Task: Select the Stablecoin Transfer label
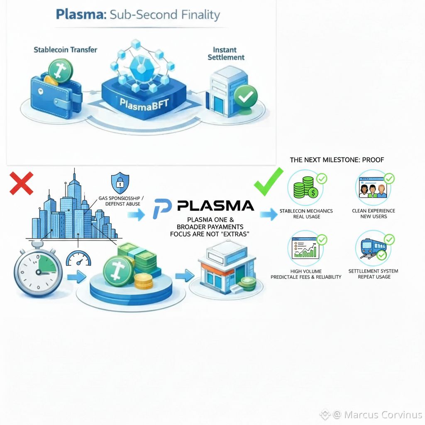click(x=65, y=49)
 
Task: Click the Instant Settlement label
click(x=226, y=53)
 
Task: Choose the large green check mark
click(x=268, y=181)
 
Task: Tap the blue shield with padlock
click(x=120, y=183)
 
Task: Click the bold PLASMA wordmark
click(x=215, y=205)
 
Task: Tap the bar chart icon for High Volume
click(x=306, y=249)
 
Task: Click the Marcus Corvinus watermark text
click(x=383, y=415)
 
